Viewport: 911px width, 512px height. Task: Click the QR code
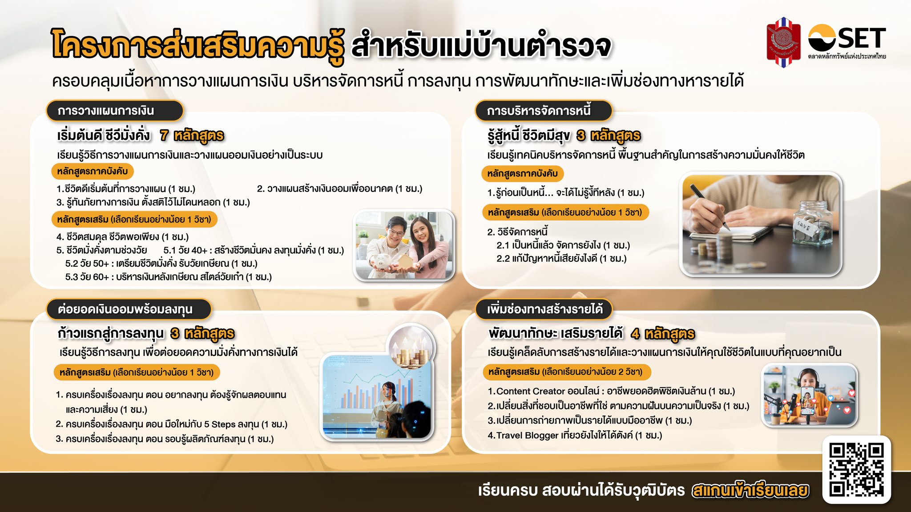click(x=856, y=470)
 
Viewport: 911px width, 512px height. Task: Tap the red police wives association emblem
click(x=783, y=42)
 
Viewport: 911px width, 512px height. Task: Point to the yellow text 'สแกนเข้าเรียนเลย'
click(x=750, y=490)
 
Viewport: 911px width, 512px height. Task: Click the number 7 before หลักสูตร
click(x=164, y=135)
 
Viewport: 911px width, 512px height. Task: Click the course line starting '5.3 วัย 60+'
click(x=168, y=277)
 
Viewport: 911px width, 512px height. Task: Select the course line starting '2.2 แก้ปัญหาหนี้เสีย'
click(x=561, y=258)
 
